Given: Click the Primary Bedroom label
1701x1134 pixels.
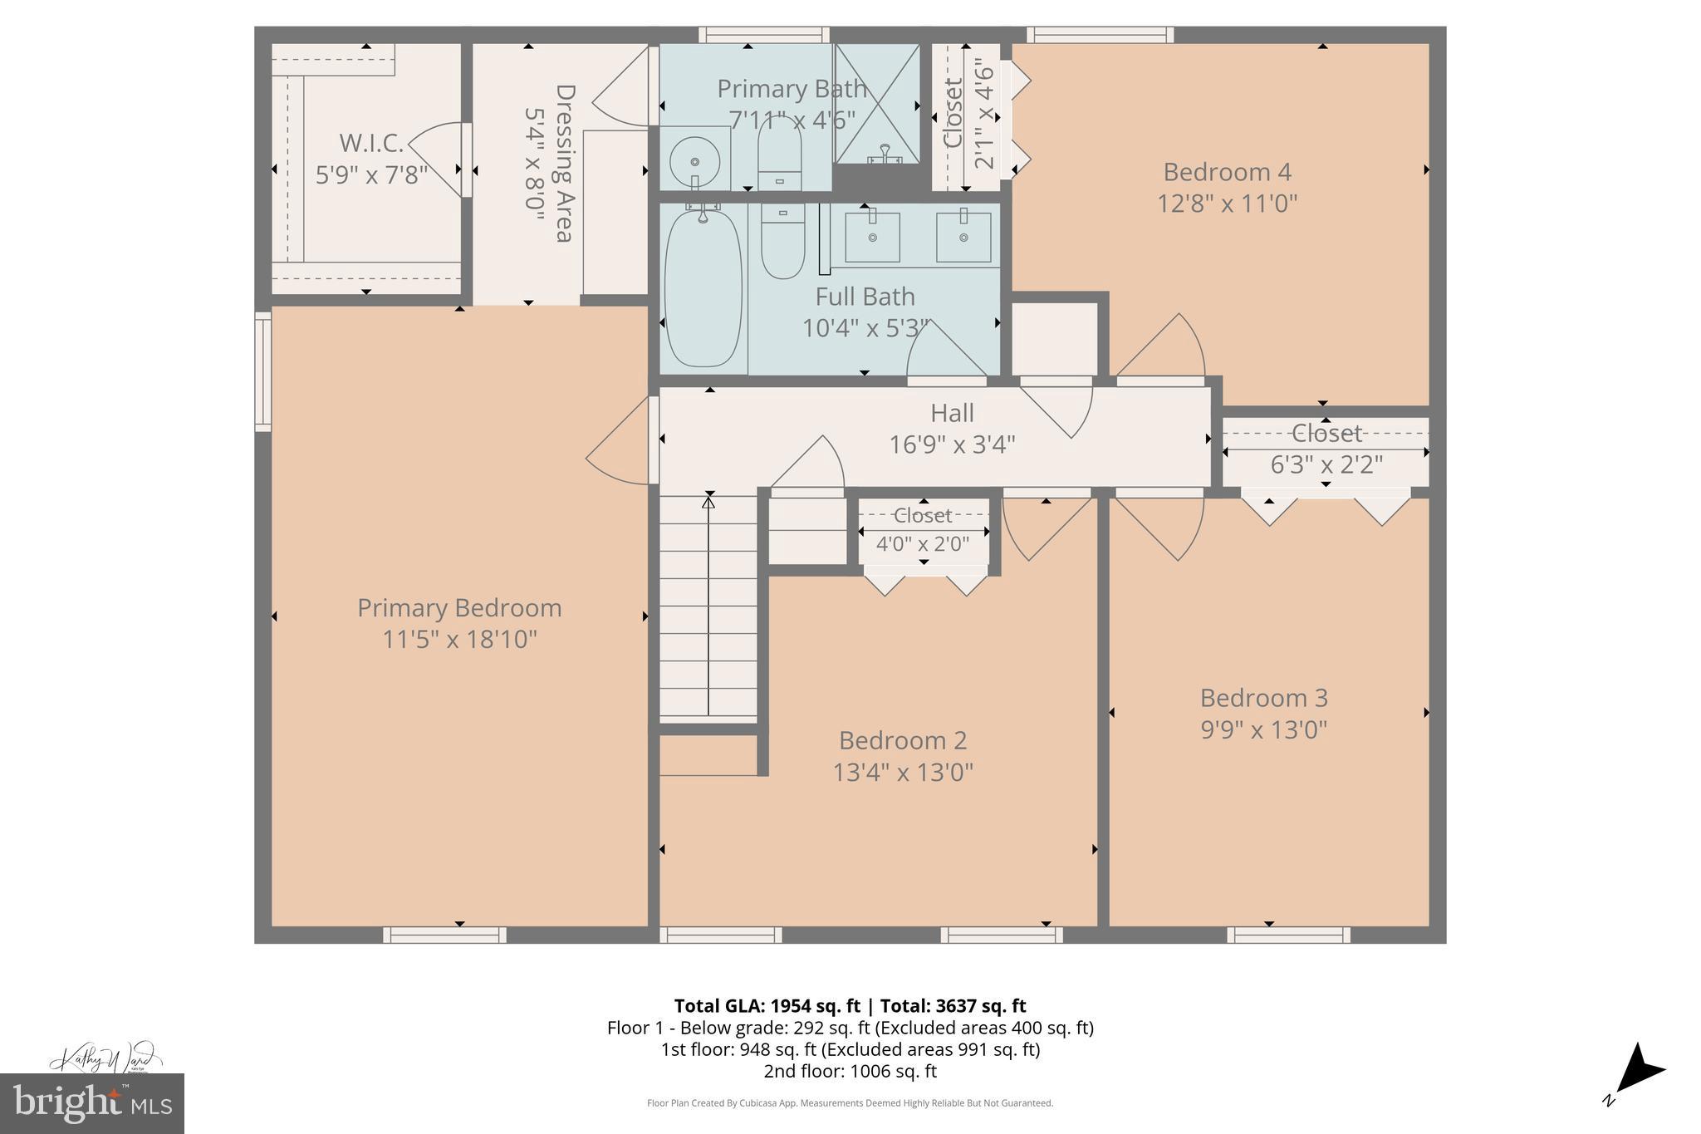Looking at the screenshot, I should tap(459, 608).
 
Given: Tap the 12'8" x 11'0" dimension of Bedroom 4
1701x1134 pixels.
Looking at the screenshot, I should tap(1227, 204).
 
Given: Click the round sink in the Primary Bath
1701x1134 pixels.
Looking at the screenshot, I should tap(694, 160).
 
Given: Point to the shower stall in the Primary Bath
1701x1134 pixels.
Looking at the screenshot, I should tap(877, 104).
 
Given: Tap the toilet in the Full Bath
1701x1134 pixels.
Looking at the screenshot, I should tap(782, 241).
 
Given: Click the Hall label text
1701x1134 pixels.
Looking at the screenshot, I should tap(952, 413).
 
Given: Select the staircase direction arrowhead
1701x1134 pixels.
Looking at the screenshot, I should tap(708, 501).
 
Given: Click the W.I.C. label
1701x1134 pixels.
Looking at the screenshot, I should tap(371, 144).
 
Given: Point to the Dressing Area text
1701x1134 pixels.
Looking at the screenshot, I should tap(565, 163).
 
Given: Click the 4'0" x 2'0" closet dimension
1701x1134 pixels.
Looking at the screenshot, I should tap(923, 544).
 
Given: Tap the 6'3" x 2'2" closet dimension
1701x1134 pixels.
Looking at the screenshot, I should tap(1326, 464).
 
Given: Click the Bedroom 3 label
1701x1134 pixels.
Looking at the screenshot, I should tap(1263, 698).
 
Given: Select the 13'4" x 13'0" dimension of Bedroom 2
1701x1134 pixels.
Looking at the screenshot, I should tap(903, 773).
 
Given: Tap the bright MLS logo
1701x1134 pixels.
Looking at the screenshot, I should tap(92, 1103).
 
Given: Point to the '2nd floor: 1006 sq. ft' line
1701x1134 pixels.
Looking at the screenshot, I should tap(850, 1071).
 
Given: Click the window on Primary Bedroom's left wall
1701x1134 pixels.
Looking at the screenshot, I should tap(262, 371).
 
